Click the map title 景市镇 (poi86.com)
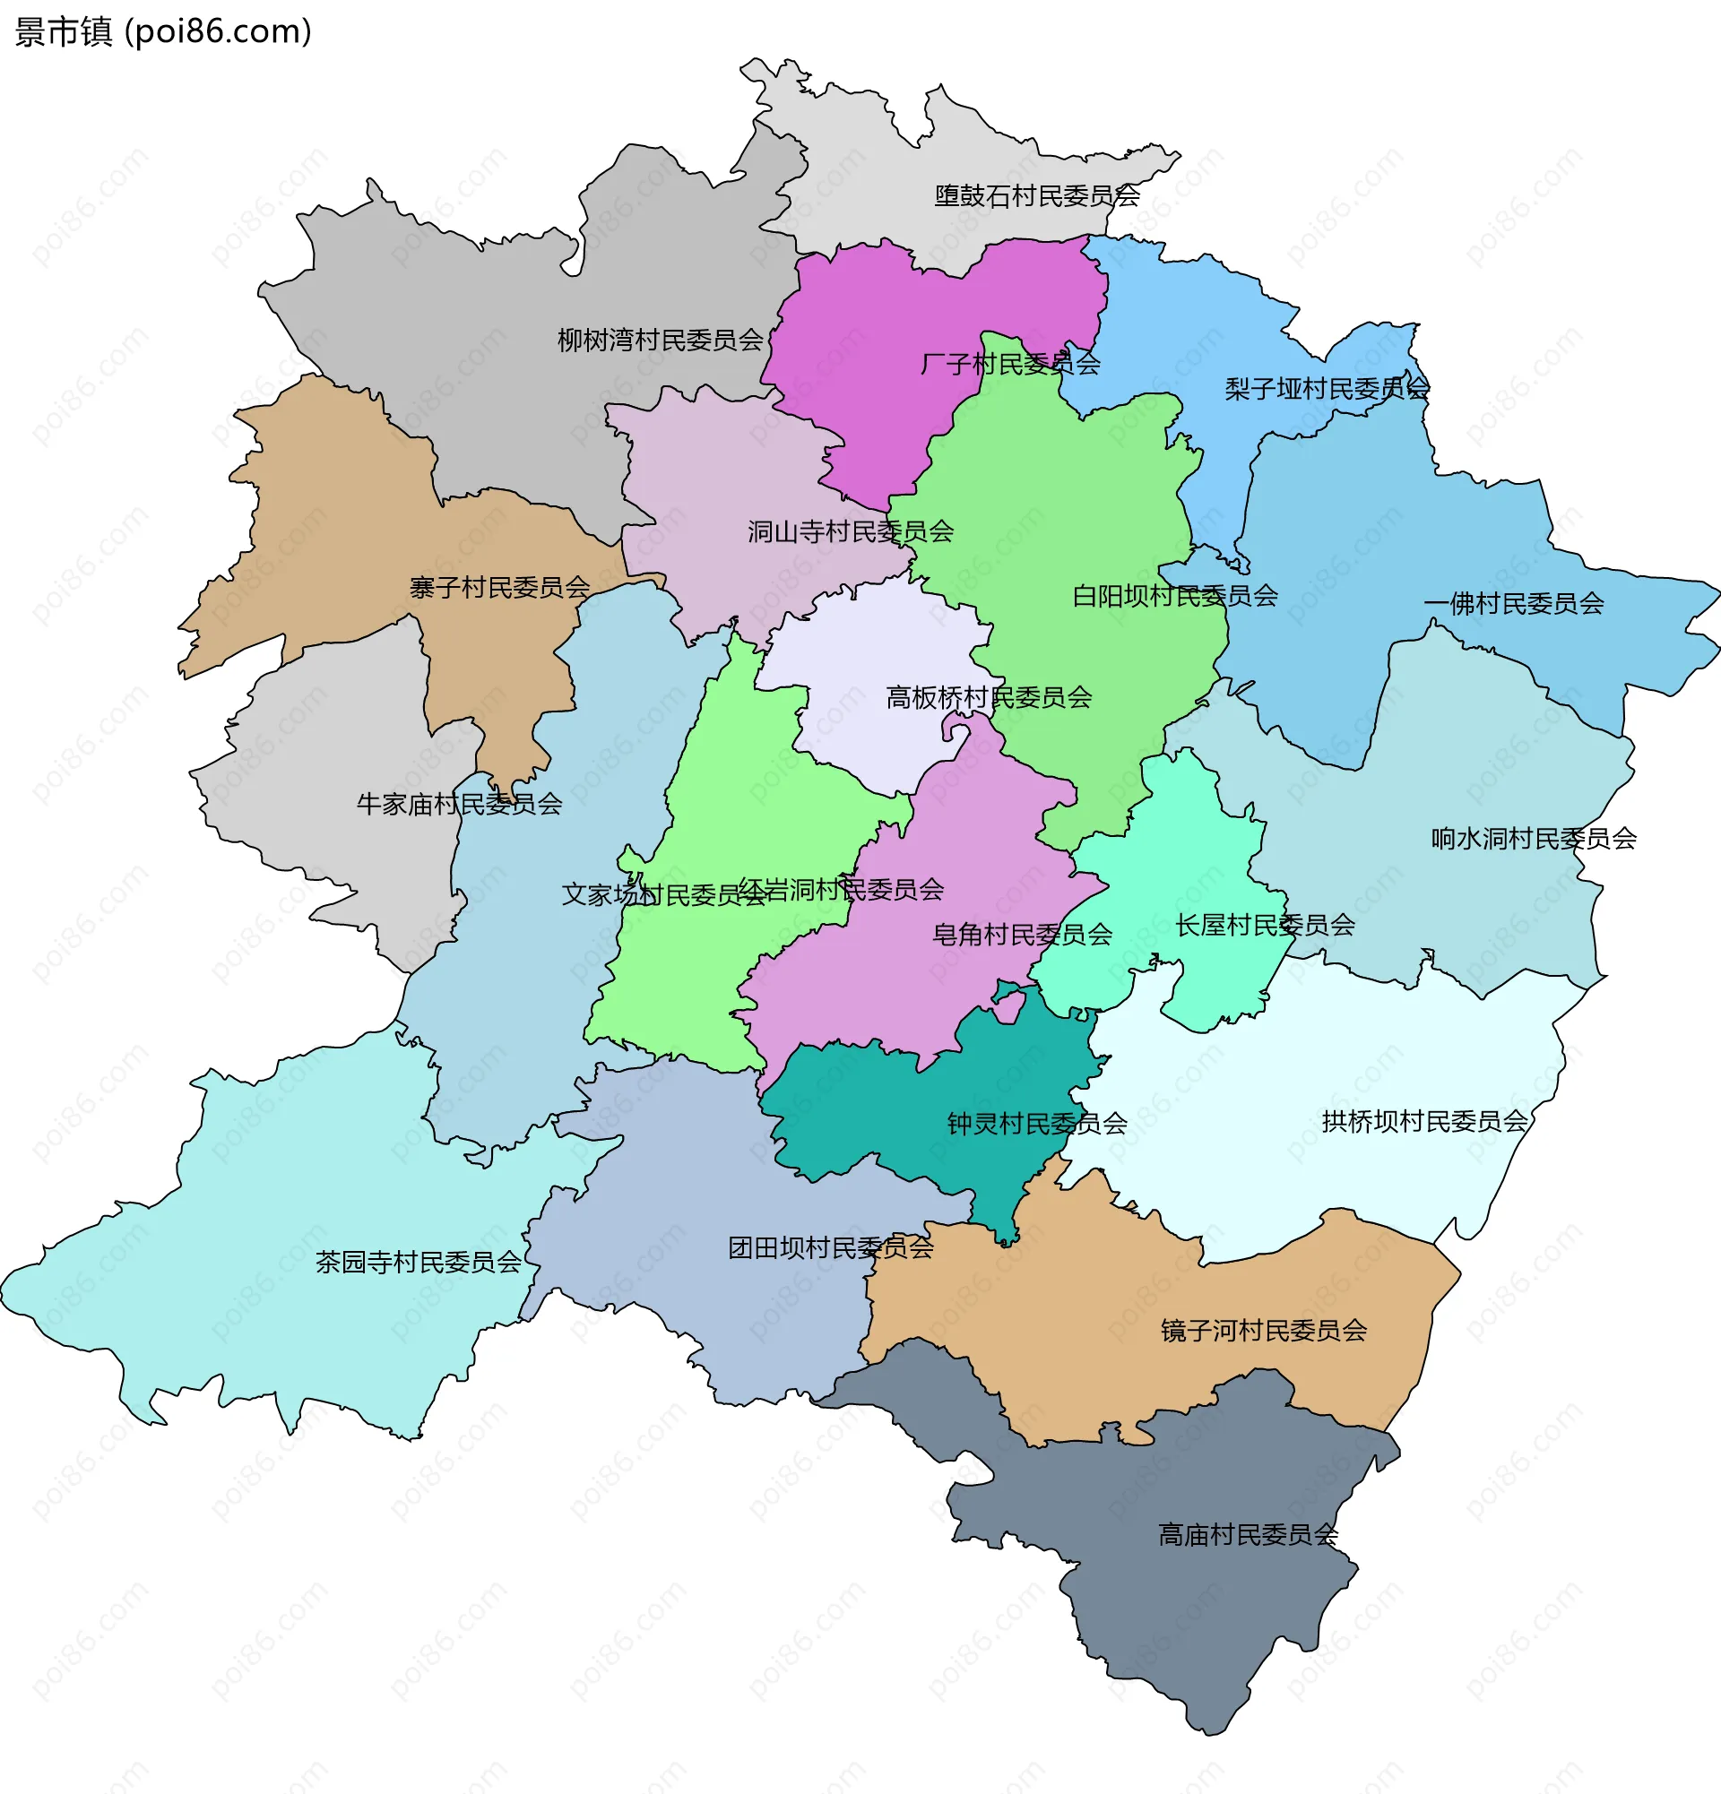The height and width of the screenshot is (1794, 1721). coord(163,32)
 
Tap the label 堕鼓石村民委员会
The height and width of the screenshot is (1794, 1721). coord(1036,196)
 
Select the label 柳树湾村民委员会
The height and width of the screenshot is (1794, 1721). coord(660,341)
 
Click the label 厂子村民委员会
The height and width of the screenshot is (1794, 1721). coord(1009,365)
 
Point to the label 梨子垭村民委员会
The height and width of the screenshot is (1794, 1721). coord(1327,389)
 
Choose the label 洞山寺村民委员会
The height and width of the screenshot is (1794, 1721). coord(851,531)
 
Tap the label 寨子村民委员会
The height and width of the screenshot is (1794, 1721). coord(500,588)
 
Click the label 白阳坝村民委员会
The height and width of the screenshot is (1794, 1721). coord(1174,597)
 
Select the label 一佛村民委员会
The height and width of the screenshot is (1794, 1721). coord(1513,604)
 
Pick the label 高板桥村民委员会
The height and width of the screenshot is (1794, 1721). coord(989,698)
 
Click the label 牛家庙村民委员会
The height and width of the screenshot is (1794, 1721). coord(459,805)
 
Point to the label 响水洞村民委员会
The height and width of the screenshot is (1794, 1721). coord(1534,839)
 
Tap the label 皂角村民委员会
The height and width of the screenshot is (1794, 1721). coord(1022,935)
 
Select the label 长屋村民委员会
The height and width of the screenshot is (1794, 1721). coord(1265,926)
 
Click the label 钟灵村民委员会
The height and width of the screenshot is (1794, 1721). coord(1036,1124)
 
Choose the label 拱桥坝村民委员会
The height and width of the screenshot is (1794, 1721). coord(1424,1121)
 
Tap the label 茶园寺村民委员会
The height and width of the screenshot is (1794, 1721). coord(419,1264)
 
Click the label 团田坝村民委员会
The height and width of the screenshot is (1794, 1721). coord(830,1248)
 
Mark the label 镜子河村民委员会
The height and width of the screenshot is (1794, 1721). coord(1263,1331)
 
